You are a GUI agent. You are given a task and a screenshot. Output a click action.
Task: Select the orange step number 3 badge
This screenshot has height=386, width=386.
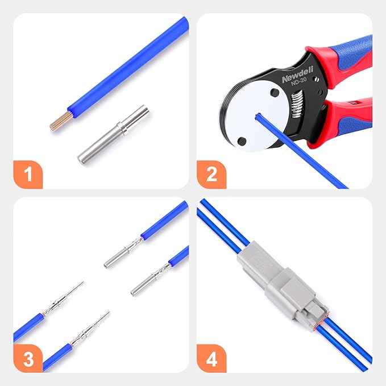(27, 359)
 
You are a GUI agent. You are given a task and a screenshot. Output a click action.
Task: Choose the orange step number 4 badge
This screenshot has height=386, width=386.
(211, 359)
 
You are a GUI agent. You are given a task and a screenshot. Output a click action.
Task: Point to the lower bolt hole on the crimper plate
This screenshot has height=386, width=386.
(242, 141)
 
